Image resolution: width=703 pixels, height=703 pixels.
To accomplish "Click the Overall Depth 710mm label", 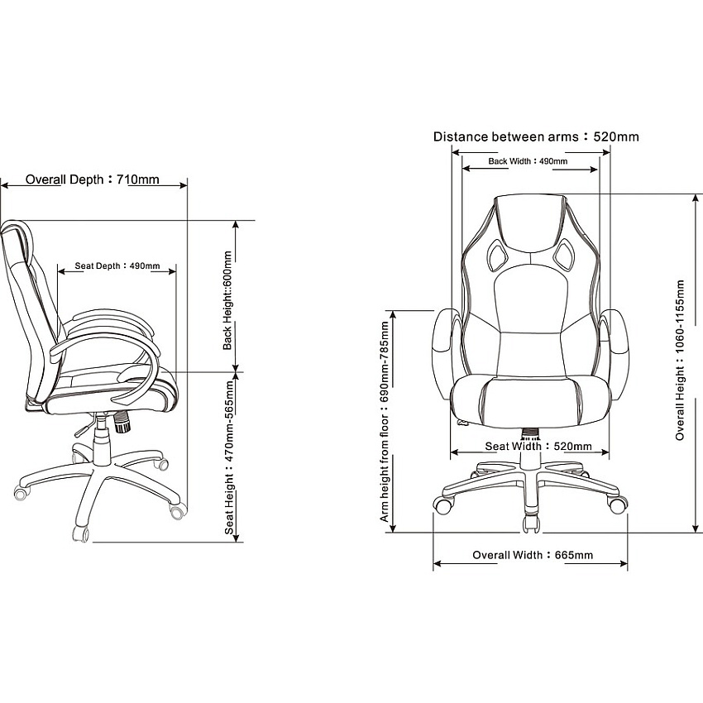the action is coord(92,179).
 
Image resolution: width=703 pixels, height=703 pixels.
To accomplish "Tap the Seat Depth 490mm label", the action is coord(117,265).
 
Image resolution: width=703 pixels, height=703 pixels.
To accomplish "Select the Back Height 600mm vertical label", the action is coord(227,300).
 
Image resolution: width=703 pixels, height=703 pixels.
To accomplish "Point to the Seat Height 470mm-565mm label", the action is coord(229,457).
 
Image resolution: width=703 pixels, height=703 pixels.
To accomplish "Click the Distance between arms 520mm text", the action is coord(536,136).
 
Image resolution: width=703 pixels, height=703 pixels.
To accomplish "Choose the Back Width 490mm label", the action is coord(528,161).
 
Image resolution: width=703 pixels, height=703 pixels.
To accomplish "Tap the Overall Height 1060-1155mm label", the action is coord(680,360).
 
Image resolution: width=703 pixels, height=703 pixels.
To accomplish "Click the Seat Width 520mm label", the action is coord(538,446).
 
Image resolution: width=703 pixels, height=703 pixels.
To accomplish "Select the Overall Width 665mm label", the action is coord(533,555).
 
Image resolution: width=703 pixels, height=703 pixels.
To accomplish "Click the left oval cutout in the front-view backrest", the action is coord(497,255).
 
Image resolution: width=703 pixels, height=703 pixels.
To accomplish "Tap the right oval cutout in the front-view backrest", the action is coord(563,255).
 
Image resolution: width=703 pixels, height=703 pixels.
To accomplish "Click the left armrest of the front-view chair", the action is coord(443,354).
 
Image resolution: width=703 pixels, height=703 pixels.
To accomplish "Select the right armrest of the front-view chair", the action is coord(617,354).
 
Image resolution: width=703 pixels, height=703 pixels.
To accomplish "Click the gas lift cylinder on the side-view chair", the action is coord(102,441).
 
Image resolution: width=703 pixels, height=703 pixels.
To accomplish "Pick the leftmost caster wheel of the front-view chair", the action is coord(442,505).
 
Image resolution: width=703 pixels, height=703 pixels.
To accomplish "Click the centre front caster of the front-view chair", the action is coord(531,523).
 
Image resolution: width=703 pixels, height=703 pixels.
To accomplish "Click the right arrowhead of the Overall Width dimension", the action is coord(624,563).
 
